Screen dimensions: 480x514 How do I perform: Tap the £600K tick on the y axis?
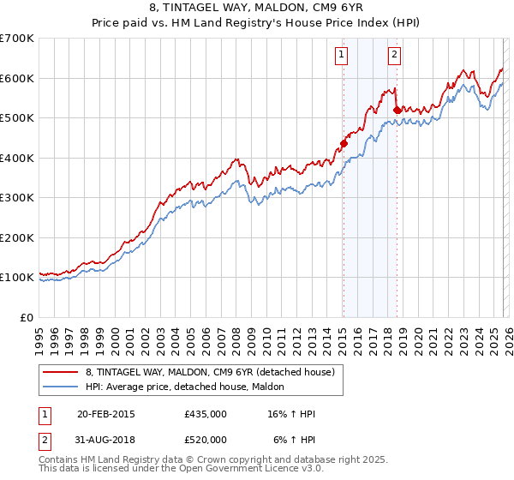(x=16, y=78)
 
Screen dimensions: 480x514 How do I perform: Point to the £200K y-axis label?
(x=16, y=237)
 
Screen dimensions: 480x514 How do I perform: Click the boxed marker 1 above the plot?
(x=342, y=56)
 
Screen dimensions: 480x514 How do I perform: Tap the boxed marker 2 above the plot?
(x=394, y=56)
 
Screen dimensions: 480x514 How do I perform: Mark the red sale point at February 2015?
(x=344, y=143)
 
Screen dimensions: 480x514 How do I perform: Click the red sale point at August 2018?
(x=397, y=110)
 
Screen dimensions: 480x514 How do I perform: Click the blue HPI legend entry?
(x=190, y=387)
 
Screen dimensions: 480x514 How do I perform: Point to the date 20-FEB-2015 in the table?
(x=105, y=414)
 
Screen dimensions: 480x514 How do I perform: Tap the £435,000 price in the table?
(x=206, y=414)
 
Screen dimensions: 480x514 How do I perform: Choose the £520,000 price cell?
(x=206, y=440)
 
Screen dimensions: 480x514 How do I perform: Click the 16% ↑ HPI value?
(x=291, y=414)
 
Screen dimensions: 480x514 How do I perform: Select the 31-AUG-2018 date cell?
(x=105, y=440)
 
